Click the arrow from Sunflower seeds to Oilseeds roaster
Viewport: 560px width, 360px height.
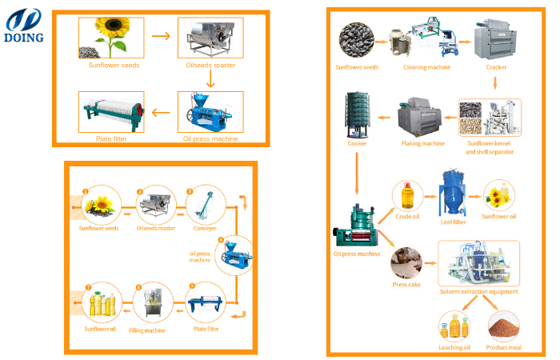click(x=160, y=36)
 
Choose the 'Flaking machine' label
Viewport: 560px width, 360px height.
click(x=422, y=143)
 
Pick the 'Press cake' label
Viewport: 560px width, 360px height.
click(x=406, y=282)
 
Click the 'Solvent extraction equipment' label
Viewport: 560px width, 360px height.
click(x=478, y=291)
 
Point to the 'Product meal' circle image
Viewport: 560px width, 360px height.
click(x=502, y=326)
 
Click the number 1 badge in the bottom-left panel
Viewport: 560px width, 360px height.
click(x=85, y=192)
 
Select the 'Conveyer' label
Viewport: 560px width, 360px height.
click(x=204, y=228)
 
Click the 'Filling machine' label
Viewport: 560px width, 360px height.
click(x=147, y=330)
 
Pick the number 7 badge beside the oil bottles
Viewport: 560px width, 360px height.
click(x=88, y=286)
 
